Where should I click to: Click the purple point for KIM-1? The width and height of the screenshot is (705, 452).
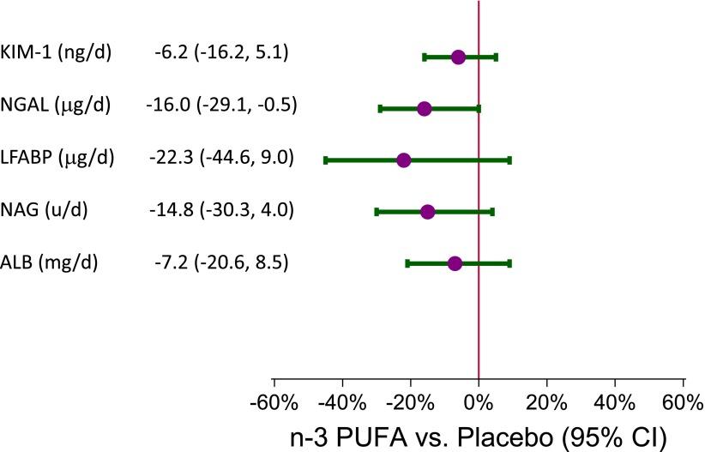tap(458, 57)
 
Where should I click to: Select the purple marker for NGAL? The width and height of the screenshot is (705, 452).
tap(424, 109)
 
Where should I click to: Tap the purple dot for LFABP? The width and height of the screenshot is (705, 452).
tap(403, 160)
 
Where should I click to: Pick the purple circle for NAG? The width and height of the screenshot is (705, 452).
tap(428, 212)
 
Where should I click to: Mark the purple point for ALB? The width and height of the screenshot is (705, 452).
tap(455, 263)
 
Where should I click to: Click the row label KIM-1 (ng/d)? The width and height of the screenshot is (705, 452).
tap(57, 53)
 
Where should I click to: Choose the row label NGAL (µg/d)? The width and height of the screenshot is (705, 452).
tap(57, 105)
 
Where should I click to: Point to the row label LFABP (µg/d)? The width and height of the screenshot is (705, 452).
tap(58, 158)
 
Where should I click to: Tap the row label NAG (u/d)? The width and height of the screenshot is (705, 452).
tap(45, 210)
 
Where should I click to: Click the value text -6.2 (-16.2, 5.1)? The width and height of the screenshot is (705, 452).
tap(221, 53)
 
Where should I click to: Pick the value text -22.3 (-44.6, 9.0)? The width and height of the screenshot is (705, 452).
tap(220, 158)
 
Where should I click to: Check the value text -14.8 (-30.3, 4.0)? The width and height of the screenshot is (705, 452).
tap(220, 210)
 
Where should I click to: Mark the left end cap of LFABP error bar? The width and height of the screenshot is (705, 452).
tap(326, 160)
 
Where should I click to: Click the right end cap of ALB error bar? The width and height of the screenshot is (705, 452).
tap(509, 263)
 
